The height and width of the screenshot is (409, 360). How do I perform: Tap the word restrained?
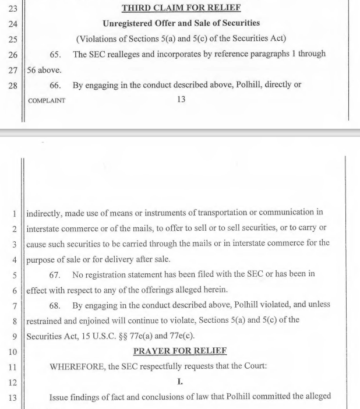(48, 319)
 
